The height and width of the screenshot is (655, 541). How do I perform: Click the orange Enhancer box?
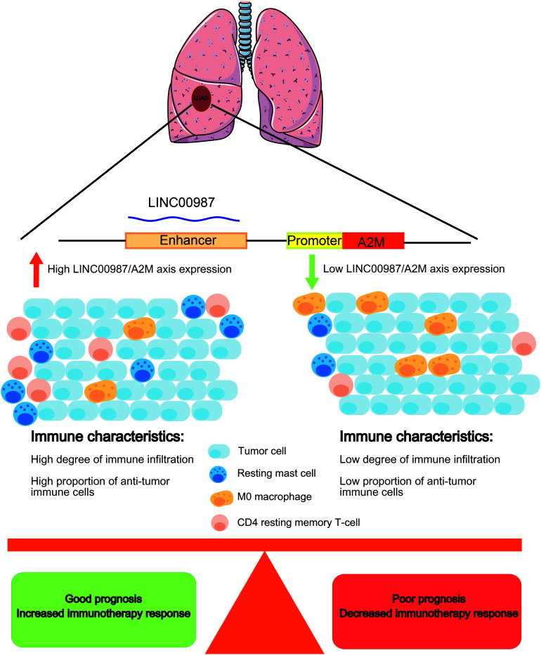[186, 241]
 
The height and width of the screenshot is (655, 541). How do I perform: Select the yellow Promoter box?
[314, 241]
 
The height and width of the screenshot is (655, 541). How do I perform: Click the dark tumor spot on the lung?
[201, 99]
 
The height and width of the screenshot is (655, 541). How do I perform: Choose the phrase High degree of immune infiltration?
[103, 461]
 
